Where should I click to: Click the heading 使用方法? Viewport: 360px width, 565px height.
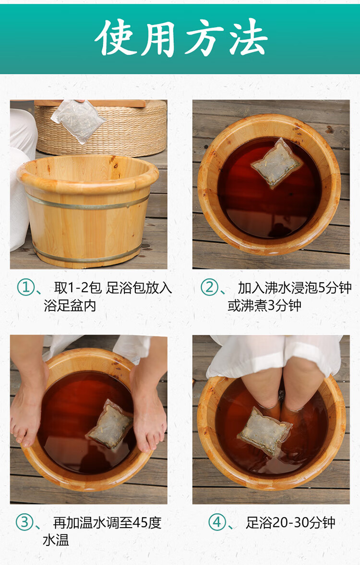click(180, 38)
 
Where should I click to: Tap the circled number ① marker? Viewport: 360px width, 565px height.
click(25, 288)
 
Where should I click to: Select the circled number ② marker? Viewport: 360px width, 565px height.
click(209, 288)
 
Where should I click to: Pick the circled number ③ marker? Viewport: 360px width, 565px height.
click(24, 522)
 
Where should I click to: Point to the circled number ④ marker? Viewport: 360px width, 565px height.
click(217, 522)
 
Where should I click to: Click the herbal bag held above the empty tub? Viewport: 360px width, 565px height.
click(78, 120)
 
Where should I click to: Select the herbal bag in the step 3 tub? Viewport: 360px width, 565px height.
click(110, 424)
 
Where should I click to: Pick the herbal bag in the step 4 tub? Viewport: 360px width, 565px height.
click(264, 431)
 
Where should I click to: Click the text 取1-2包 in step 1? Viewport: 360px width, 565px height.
click(78, 288)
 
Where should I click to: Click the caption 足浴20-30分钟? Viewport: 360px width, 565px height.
click(290, 522)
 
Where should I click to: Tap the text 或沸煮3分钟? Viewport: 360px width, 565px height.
click(264, 306)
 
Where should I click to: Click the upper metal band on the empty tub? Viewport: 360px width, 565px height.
click(86, 201)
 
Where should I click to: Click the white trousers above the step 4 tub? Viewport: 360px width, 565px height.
click(274, 353)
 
